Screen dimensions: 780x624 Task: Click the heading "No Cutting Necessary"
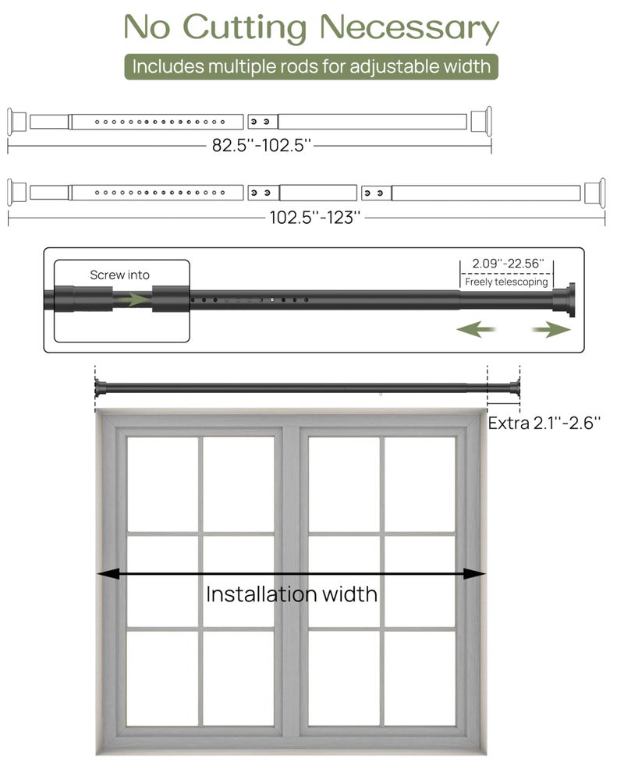(x=311, y=27)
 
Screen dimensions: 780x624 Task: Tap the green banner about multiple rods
(x=311, y=66)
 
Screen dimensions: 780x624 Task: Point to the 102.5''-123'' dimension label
(x=315, y=218)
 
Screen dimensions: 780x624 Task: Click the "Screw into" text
(x=119, y=275)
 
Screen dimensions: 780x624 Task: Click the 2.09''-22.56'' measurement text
(x=508, y=264)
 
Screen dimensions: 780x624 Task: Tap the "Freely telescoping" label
(x=507, y=282)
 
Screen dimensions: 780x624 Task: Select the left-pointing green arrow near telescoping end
(x=476, y=331)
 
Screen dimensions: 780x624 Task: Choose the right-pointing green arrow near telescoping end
(x=553, y=331)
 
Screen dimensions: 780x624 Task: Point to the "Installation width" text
(x=291, y=594)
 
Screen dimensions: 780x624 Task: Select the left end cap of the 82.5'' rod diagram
(x=15, y=122)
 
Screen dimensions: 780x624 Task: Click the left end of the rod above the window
(x=98, y=386)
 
